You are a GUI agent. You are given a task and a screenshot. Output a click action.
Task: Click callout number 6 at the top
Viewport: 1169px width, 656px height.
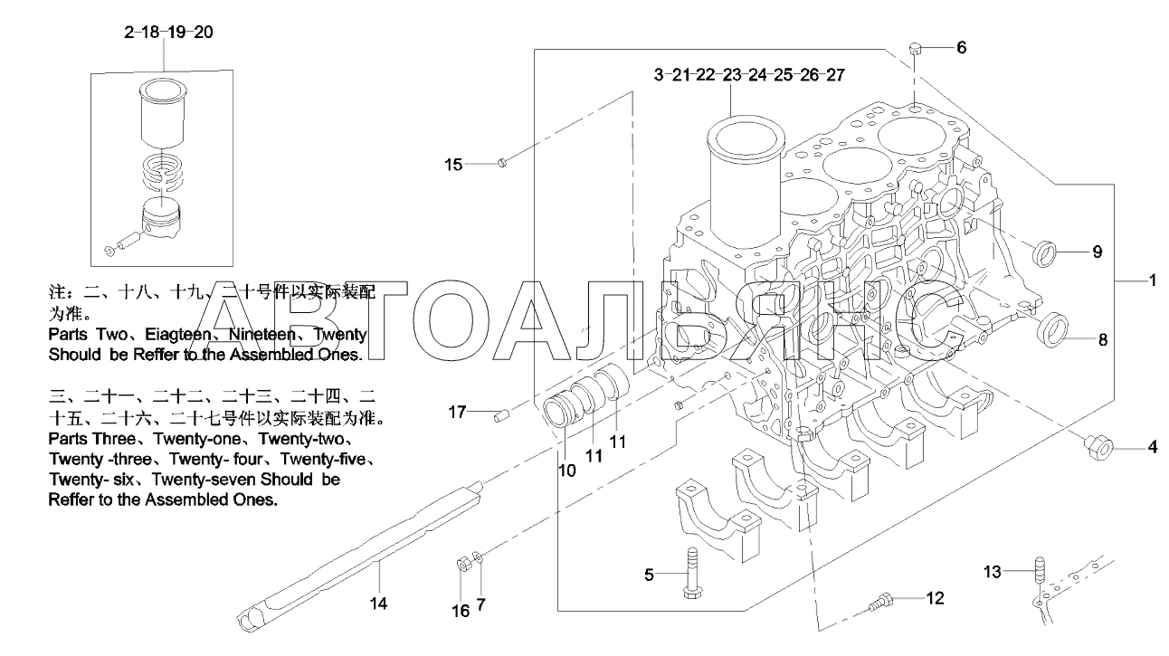[961, 47]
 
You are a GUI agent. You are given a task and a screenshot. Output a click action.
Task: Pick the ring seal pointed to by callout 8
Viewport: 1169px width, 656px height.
[1051, 330]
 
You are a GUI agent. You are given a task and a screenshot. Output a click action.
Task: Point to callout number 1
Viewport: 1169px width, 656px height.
[1153, 282]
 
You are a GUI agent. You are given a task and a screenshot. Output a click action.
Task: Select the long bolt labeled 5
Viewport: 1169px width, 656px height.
[691, 573]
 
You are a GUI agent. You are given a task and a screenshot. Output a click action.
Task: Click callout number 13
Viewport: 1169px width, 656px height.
[993, 571]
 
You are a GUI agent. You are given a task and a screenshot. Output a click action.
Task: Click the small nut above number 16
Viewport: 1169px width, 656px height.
[460, 565]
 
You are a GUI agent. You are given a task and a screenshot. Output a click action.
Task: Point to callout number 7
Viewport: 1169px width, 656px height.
[480, 603]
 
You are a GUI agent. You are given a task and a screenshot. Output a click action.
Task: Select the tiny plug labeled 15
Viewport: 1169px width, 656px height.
[504, 162]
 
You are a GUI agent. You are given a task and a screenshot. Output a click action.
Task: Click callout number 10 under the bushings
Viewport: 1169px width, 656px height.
[565, 471]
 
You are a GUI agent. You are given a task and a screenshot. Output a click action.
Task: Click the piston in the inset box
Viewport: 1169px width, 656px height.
[165, 223]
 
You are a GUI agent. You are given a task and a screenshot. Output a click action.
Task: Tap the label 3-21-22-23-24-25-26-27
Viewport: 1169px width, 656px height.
[749, 74]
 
